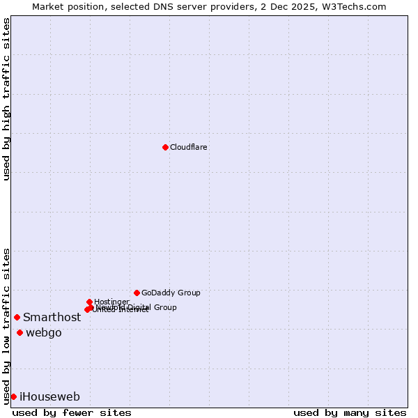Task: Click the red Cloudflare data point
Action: coord(165,147)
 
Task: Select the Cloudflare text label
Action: coord(189,148)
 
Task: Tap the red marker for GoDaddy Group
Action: coord(137,293)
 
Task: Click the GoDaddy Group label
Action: coord(171,293)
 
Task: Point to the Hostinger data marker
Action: coord(90,302)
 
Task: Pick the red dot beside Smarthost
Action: coord(17,317)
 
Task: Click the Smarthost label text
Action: coord(52,318)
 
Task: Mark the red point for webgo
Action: coord(20,332)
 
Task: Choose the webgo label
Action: coord(44,333)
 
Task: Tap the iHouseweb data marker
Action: coord(13,396)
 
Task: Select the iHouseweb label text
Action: coord(49,397)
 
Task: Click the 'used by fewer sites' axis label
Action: coord(72,412)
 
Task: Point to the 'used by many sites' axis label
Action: coord(350,412)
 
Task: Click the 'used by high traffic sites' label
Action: coord(6,99)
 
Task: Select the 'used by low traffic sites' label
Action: coord(6,326)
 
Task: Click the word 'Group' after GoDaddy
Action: coord(189,293)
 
